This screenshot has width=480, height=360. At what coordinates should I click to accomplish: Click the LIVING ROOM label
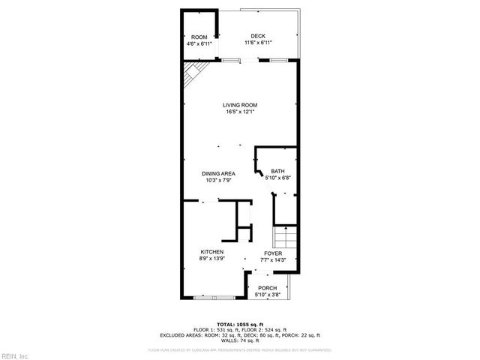pos(240,104)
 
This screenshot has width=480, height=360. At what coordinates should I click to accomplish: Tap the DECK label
pos(258,36)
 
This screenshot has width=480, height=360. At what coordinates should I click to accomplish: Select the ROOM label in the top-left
pos(199,37)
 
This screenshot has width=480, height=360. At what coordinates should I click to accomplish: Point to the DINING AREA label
pos(218,173)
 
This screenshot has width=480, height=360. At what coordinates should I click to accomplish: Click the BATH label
pos(278,171)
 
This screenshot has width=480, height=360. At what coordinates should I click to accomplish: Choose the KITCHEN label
pos(211,251)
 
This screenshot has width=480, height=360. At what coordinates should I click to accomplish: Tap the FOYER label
pos(273,253)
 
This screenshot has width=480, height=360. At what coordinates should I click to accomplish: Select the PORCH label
pos(267,288)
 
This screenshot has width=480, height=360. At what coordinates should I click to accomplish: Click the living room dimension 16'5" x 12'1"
pos(240,112)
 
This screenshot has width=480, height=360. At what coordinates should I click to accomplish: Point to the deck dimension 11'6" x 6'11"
pos(258,43)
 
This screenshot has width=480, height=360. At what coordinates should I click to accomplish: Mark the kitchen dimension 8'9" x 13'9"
pos(211,259)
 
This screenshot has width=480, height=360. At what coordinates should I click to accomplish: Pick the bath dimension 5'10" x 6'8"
pos(278,178)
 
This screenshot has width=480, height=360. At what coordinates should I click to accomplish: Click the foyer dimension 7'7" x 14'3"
pos(273,260)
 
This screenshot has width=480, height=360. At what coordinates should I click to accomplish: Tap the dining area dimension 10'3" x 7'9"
pos(218,180)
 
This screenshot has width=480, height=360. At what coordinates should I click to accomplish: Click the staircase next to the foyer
pos(286,239)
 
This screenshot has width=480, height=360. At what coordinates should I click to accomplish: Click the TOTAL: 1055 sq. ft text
pos(240,323)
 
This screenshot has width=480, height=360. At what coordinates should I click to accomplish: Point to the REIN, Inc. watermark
pos(15,355)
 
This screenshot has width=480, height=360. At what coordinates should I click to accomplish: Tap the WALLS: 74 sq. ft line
pos(240,340)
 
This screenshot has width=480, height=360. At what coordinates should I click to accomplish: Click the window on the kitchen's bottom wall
pos(213,298)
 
